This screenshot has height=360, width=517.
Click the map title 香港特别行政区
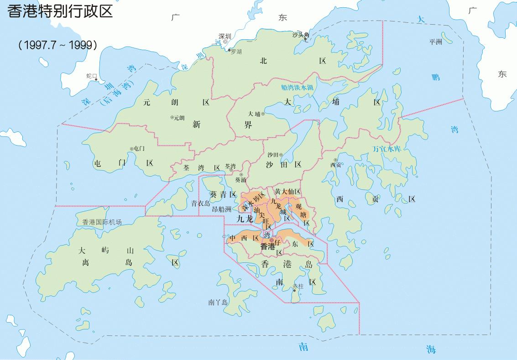[60, 11]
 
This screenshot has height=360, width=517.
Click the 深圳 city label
[225, 36]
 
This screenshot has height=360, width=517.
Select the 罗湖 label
[236, 52]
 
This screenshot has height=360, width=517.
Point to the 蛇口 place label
[92, 76]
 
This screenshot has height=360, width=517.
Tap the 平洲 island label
[436, 42]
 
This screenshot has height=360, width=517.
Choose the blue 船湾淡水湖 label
[297, 87]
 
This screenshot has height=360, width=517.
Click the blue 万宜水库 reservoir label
[386, 148]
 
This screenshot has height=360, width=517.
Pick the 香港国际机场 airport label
[102, 222]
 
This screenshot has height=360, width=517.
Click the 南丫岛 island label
[218, 302]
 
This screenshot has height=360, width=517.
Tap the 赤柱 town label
[298, 286]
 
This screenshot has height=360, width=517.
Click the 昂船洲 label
[222, 209]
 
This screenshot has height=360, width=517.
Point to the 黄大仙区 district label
[287, 192]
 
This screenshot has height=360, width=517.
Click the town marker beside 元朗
[172, 117]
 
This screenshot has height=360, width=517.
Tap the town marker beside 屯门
[132, 148]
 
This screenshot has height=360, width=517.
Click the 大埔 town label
[254, 114]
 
